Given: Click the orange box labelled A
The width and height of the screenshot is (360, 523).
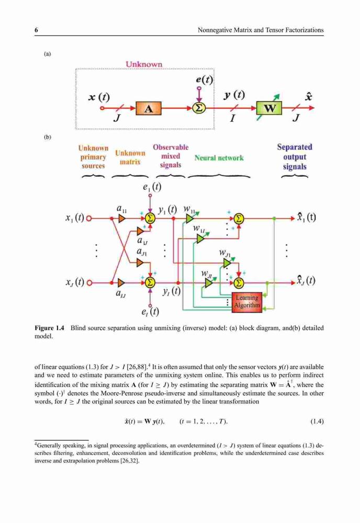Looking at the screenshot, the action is tap(149, 108).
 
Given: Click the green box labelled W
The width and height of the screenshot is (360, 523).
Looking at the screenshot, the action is tap(269, 108).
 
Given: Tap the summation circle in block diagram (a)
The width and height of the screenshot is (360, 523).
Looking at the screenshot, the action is tap(199, 108).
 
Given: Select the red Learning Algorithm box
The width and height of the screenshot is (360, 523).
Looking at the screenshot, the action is tap(247, 302).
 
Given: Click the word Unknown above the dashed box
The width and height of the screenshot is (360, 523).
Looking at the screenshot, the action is tap(144, 64).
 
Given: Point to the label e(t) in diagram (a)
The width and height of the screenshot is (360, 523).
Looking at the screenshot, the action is tap(204, 79).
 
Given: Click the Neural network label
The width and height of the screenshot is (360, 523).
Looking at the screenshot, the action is tap(219, 158).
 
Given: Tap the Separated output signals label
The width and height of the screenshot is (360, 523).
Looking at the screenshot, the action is tap(295, 157).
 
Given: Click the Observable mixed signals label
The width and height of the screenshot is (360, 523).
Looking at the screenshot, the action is tap(171, 156).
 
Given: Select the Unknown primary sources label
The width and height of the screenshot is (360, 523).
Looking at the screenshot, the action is tap(93, 157).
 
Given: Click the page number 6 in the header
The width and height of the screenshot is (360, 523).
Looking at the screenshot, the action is tap(37, 30).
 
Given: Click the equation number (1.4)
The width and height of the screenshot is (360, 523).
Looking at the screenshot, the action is tap(317, 421).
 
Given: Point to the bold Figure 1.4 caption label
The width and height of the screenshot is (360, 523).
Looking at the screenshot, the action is tap(49, 328).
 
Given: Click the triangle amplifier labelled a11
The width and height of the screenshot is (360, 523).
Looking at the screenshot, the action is tap(122, 219).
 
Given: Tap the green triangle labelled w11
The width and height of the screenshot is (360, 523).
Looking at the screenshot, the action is tap(189, 219).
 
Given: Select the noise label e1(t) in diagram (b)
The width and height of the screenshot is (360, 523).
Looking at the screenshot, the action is tap(152, 187).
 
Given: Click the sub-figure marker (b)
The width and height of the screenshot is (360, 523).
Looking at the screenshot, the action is tap(48, 137).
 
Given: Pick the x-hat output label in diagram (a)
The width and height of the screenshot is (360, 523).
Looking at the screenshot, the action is tap(309, 97).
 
